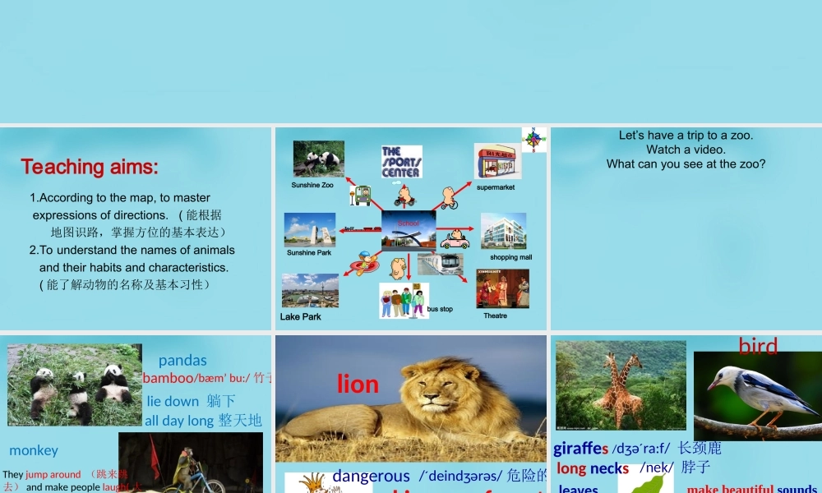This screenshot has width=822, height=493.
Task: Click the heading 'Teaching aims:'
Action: [x=90, y=167]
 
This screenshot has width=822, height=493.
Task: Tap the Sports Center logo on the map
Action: [x=401, y=162]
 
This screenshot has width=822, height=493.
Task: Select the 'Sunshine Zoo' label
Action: [x=312, y=186]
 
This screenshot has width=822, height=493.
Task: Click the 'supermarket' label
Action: [x=496, y=187]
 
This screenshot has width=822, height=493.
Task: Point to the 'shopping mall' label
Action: [x=510, y=257]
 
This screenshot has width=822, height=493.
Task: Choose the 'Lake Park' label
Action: [x=301, y=316]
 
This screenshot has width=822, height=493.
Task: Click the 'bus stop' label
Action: [x=440, y=309]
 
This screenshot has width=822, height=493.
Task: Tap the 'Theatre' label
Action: [x=495, y=316]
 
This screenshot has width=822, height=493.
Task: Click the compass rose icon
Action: [x=534, y=139]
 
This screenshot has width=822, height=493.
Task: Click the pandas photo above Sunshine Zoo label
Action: [x=319, y=159]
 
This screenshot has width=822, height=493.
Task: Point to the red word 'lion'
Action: [x=358, y=384]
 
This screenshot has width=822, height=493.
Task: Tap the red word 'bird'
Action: [x=758, y=346]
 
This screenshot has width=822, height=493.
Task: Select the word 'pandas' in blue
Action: [x=182, y=360]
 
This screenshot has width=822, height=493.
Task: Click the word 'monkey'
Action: [x=34, y=450]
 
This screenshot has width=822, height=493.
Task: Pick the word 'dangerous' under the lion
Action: [x=371, y=476]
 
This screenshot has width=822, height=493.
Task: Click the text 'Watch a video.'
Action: [x=686, y=150]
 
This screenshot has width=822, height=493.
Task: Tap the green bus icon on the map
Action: [x=363, y=196]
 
